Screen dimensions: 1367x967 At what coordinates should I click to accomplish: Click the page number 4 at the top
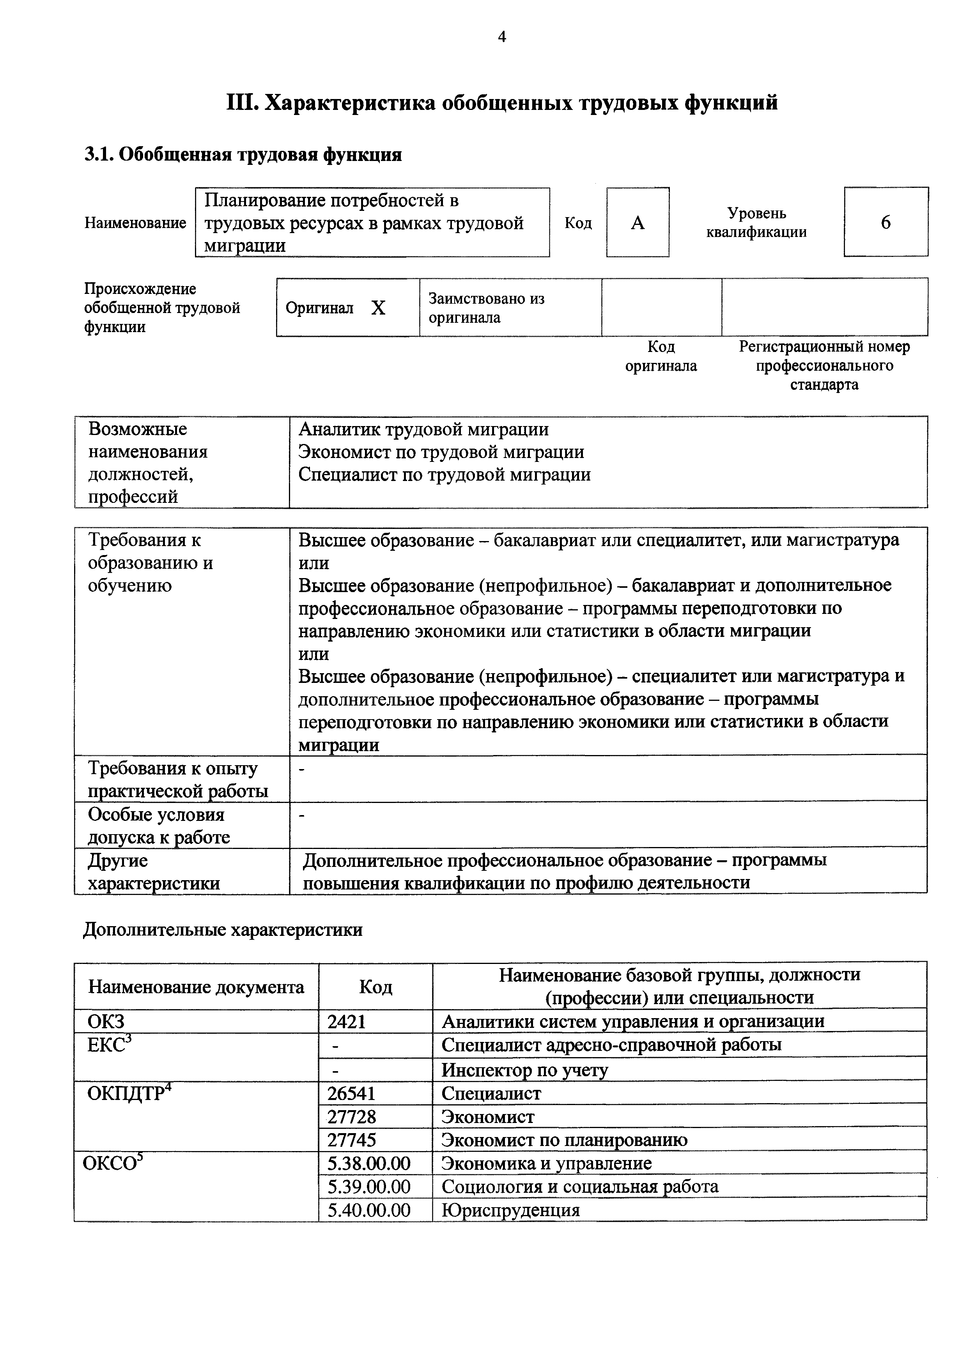point(501,37)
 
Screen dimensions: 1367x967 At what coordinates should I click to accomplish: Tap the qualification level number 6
point(886,223)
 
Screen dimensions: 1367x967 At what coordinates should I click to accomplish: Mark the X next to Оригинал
point(378,308)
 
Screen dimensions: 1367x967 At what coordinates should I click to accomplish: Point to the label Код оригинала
point(661,356)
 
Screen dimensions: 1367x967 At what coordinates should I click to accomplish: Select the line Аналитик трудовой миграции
point(423,429)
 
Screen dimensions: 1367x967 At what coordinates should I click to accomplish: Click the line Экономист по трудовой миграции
point(441,452)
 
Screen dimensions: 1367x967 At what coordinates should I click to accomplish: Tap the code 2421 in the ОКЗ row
point(347,1022)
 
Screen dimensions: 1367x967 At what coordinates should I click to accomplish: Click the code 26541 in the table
point(351,1094)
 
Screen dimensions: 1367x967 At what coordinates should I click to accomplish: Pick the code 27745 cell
point(351,1140)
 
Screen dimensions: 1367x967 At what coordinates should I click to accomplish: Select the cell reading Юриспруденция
point(510,1210)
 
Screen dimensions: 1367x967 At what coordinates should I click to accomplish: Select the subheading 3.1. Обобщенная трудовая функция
point(243,155)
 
